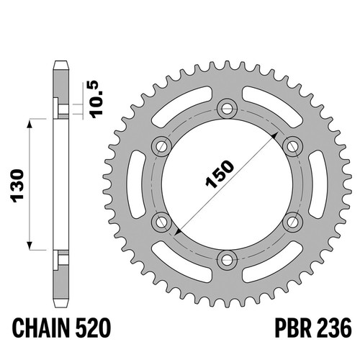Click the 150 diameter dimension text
point(220,174)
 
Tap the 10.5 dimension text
point(96,99)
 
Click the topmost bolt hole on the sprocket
point(227,109)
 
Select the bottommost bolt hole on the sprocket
point(227,260)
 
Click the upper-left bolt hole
point(162,146)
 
